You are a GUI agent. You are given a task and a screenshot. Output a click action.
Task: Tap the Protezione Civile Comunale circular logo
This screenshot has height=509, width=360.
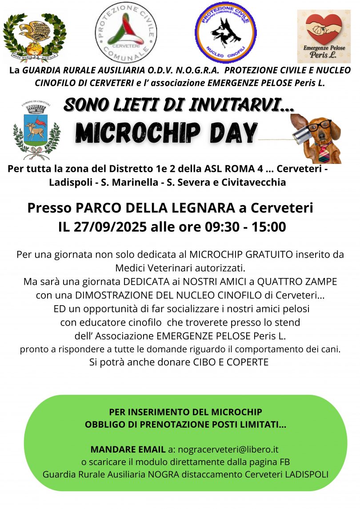[127, 32]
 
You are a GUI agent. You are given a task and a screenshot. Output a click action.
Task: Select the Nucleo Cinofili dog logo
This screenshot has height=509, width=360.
[225, 32]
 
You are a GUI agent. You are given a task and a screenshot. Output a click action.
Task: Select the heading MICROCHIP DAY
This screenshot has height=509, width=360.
[166, 132]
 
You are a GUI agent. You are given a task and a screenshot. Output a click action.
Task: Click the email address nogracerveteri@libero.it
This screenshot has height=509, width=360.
[229, 449]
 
